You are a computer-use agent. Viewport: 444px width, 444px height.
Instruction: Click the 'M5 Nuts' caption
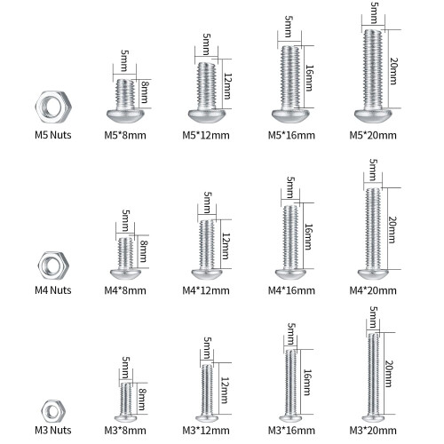(53, 135)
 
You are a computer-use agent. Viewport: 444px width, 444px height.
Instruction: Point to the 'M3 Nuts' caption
(53, 430)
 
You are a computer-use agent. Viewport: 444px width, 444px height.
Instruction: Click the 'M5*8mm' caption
(125, 135)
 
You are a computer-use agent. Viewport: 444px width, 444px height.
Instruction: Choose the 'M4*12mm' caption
(206, 290)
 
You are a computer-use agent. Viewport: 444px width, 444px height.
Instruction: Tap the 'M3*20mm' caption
(373, 431)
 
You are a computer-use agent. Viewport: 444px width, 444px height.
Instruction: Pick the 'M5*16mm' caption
(291, 135)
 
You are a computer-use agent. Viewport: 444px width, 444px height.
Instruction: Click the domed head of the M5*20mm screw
(373, 115)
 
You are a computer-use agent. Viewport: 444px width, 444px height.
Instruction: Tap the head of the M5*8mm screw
(125, 115)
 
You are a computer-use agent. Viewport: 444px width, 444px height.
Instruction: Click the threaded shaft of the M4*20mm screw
(373, 229)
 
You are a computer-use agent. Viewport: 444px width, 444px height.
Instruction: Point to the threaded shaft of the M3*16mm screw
(291, 383)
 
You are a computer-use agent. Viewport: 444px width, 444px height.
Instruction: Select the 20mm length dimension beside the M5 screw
(393, 71)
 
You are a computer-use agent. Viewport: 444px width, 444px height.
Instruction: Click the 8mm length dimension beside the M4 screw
(143, 251)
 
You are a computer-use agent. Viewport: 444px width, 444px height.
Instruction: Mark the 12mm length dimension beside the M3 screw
(225, 390)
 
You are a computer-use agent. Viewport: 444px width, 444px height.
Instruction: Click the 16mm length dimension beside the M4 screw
(308, 237)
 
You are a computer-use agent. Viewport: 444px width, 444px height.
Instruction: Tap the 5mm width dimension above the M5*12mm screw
(207, 44)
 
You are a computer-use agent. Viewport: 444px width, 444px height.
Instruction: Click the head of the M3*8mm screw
(125, 418)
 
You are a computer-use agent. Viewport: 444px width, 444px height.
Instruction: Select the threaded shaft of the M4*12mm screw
(207, 245)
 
